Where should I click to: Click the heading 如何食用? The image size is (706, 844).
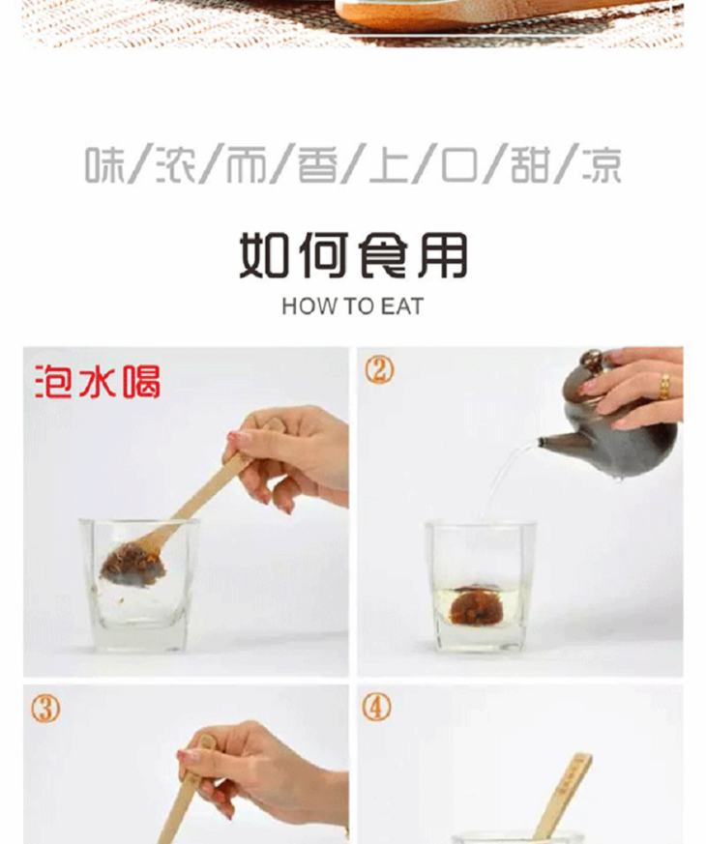click(x=353, y=255)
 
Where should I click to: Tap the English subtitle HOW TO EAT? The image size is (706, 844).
click(x=353, y=306)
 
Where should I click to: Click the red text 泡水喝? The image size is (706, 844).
click(x=98, y=382)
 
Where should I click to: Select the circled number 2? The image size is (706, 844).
click(x=379, y=370)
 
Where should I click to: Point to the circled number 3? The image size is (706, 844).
click(x=45, y=709)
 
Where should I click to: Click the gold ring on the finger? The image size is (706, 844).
click(x=665, y=387)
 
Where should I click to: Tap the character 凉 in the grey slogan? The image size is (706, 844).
click(x=601, y=164)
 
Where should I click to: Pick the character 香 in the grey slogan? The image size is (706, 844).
click(x=318, y=164)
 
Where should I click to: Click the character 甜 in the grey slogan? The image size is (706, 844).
click(x=530, y=164)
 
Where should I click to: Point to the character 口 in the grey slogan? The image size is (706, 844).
click(x=459, y=165)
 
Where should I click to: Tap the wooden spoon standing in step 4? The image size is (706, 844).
click(x=566, y=797)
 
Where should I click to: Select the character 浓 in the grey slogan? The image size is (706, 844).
click(x=176, y=164)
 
